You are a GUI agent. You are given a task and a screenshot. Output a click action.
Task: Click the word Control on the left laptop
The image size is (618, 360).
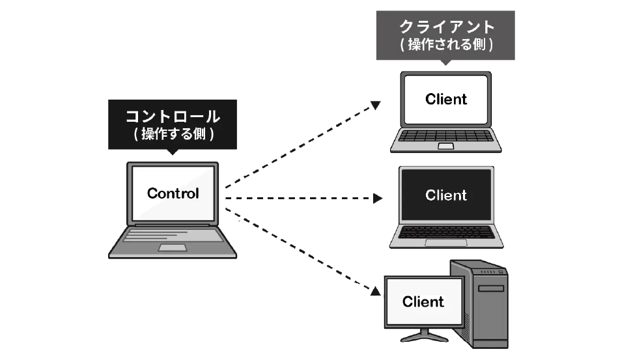click(173, 193)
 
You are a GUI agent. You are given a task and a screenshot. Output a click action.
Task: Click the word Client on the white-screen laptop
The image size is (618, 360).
click(446, 99)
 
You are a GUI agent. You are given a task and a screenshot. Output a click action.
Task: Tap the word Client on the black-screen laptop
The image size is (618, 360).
click(446, 195)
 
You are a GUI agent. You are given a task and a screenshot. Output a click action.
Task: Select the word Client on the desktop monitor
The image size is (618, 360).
click(423, 301)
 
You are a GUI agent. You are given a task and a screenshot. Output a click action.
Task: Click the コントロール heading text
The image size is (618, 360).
click(173, 117)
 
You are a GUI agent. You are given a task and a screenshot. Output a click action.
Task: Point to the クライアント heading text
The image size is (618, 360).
click(446, 28)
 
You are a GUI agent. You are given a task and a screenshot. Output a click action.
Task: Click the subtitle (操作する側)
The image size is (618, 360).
click(173, 135)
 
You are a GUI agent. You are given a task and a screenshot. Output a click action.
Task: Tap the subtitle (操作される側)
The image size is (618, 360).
click(446, 45)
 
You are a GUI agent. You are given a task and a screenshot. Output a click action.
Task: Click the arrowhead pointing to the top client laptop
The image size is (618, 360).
click(376, 104)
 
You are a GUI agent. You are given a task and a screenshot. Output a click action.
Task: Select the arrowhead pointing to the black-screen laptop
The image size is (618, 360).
click(377, 198)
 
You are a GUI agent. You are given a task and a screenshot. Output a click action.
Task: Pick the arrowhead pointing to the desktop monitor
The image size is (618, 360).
click(375, 291)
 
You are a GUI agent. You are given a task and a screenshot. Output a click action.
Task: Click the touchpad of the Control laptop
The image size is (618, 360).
click(172, 248)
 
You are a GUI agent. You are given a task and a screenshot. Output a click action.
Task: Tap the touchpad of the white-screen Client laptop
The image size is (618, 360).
click(446, 146)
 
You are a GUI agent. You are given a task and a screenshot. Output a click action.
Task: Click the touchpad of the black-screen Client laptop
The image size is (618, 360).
click(446, 242)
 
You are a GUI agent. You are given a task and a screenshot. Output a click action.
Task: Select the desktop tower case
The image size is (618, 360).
click(482, 306)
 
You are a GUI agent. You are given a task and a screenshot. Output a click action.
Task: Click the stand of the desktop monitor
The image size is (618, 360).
click(423, 337)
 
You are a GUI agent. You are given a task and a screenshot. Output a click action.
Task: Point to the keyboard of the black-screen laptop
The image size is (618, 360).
click(446, 230)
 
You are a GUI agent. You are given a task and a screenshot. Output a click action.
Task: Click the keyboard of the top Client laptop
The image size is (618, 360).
click(446, 135)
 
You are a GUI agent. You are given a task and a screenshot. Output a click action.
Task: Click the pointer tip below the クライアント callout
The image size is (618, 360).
click(446, 63)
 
